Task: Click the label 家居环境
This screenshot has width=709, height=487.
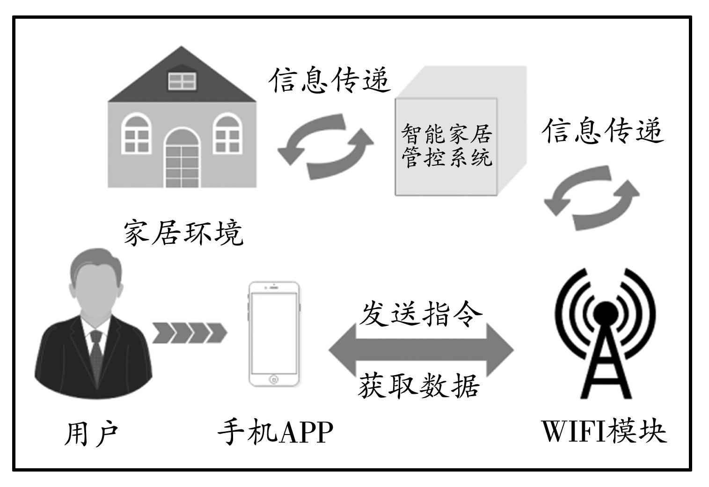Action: [183, 233]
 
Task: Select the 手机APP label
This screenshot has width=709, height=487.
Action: [275, 432]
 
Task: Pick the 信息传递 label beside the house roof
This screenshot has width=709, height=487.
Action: [330, 81]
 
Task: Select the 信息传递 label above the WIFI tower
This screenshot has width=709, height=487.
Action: [603, 131]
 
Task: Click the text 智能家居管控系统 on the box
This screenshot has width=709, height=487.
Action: [446, 146]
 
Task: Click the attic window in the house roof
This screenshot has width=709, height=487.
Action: [182, 81]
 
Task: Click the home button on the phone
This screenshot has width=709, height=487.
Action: [274, 378]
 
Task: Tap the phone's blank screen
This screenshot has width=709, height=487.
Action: [274, 332]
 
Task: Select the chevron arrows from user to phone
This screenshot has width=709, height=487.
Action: [189, 333]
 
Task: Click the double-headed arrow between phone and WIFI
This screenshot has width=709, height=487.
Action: [421, 350]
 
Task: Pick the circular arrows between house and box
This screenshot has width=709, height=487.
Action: [325, 146]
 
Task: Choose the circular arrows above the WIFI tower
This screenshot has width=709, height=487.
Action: [591, 197]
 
